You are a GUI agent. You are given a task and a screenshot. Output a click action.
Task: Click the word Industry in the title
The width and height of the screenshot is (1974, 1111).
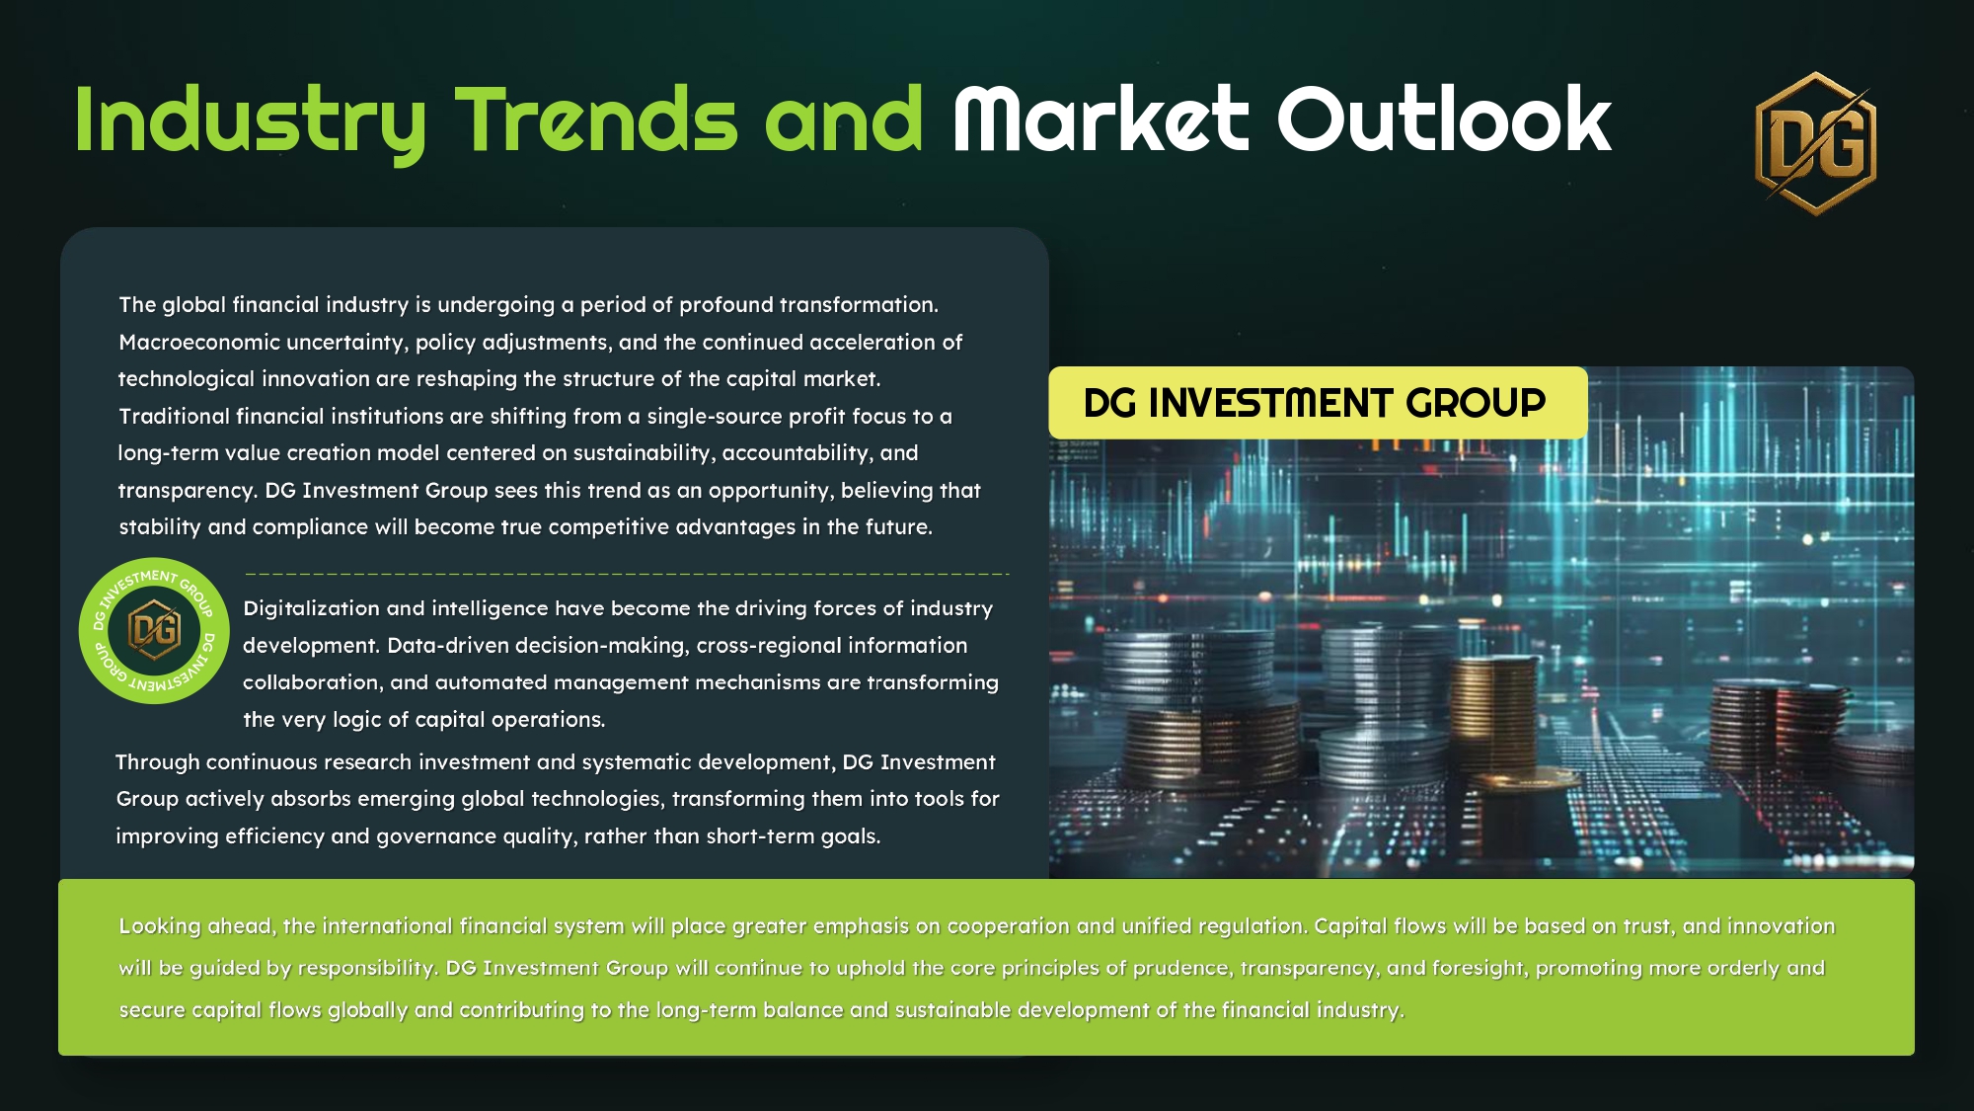250,121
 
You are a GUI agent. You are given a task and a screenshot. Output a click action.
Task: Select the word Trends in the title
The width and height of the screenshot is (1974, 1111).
595,119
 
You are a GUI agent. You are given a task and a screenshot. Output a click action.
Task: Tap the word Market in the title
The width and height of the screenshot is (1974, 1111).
1101,119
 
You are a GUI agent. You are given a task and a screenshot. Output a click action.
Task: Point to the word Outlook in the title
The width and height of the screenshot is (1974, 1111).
1444,119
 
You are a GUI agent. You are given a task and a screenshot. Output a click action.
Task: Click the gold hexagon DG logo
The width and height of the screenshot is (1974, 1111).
1815,143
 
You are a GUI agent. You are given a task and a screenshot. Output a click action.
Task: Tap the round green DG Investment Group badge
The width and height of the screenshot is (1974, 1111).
154,630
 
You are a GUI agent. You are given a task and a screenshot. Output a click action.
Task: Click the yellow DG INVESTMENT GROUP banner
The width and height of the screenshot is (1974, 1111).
1318,403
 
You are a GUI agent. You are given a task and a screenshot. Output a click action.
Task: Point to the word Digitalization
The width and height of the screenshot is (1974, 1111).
312,608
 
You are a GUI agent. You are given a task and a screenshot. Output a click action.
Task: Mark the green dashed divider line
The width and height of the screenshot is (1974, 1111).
627,573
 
